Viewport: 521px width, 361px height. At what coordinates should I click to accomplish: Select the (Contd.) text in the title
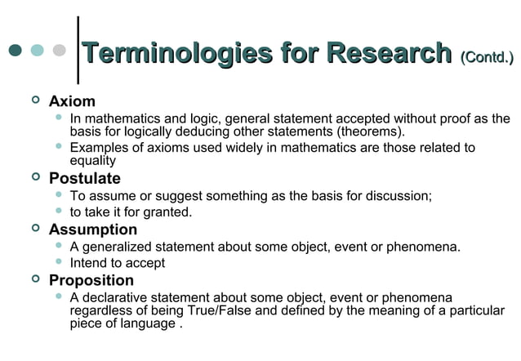coord(487,57)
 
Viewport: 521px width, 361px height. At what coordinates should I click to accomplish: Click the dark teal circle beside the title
coord(15,51)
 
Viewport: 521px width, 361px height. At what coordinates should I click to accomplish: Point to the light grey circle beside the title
coord(59,51)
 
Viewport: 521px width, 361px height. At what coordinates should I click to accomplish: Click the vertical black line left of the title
coord(78,49)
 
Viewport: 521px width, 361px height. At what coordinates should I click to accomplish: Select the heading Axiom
coord(72,101)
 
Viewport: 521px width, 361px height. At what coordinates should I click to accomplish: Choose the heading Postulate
coord(84,178)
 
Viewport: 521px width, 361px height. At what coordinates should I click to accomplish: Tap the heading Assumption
coord(92,230)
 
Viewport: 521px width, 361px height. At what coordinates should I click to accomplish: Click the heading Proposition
coord(91,281)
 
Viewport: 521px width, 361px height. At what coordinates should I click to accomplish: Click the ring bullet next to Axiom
coord(33,101)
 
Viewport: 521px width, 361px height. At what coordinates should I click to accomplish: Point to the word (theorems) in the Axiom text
coord(368,131)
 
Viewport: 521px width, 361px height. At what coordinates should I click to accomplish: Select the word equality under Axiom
coord(92,161)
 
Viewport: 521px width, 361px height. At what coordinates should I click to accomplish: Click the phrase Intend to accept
coord(118,263)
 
